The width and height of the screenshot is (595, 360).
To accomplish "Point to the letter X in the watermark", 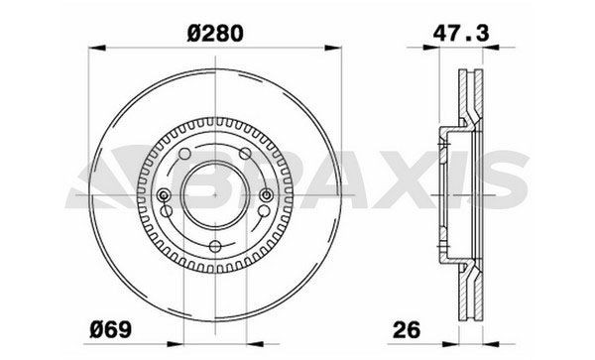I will (x=393, y=189).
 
